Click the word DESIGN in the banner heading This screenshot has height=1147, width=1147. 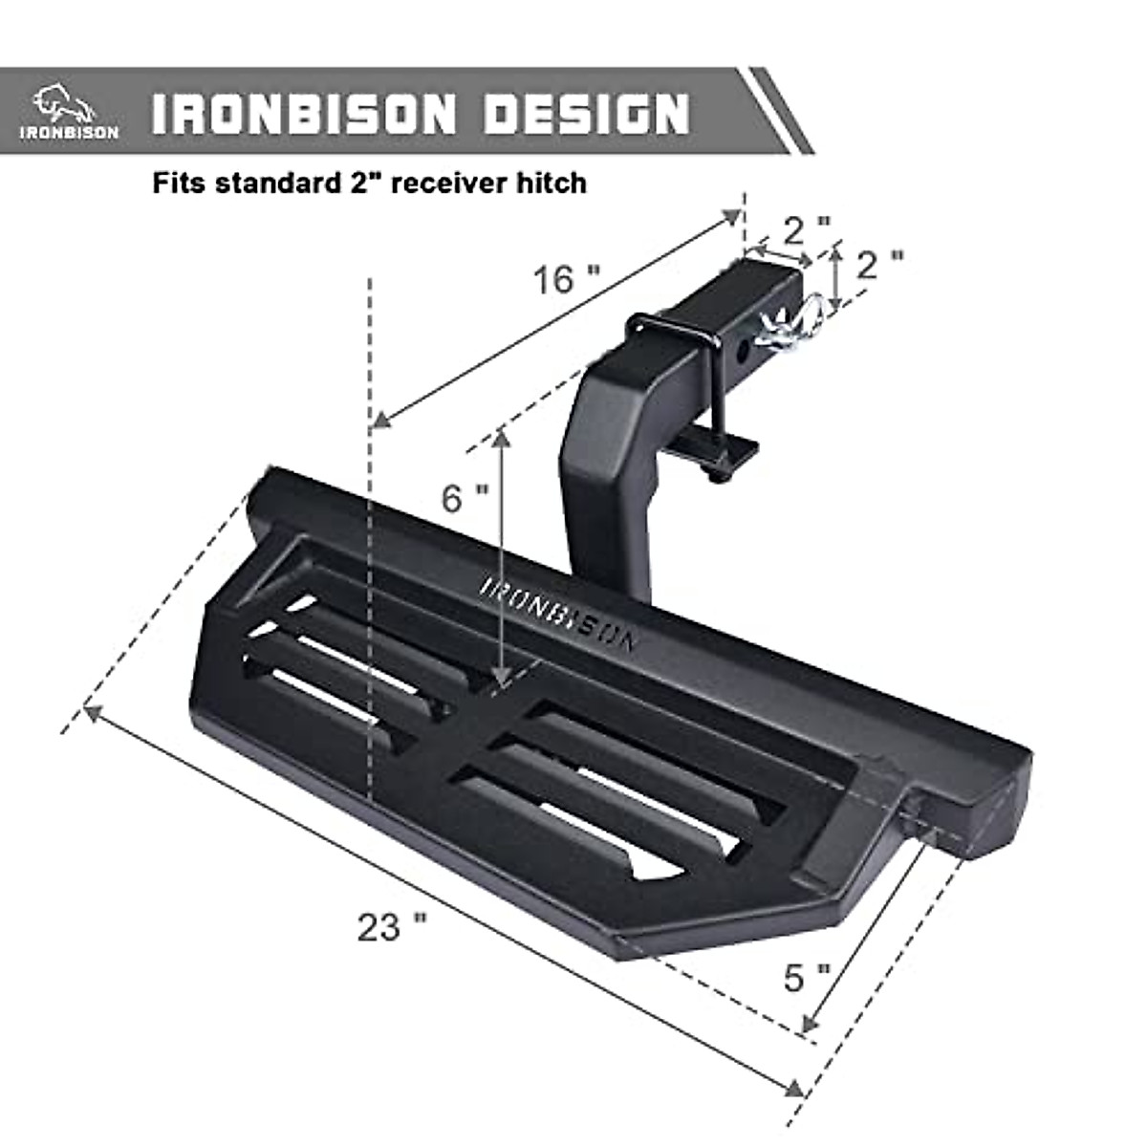(586, 114)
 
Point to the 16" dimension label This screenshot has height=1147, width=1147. (567, 279)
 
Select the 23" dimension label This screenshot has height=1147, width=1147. (392, 926)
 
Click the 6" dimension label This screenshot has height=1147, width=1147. (465, 497)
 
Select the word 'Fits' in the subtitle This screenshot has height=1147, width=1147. (179, 182)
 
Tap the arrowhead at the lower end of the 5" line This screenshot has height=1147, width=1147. (809, 1024)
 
